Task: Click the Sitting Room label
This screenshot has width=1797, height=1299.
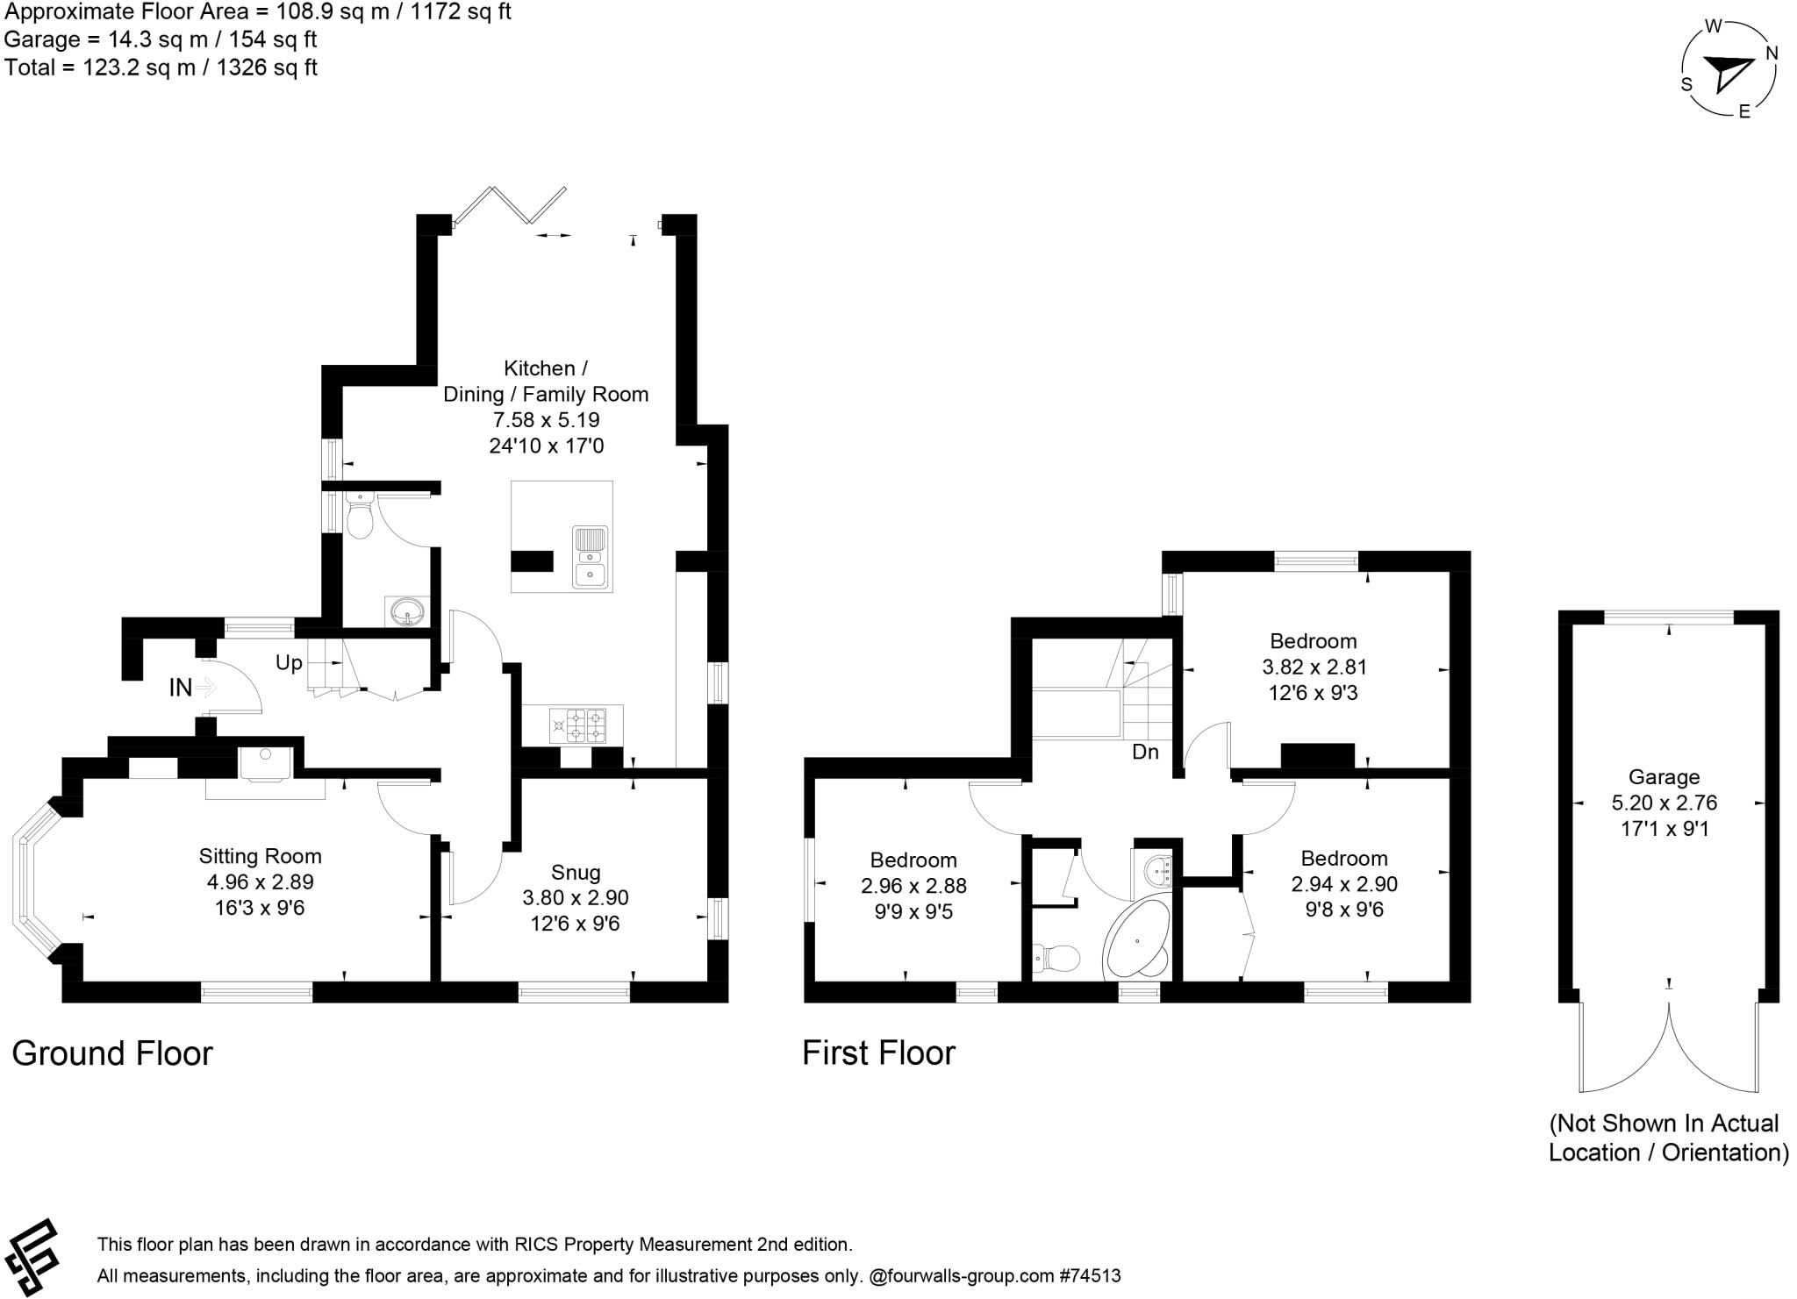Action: pos(260,856)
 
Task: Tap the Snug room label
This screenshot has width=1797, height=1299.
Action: pos(576,872)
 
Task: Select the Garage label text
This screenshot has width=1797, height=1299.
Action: pos(1665,777)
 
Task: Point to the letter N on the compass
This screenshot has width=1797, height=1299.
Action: pos(1772,54)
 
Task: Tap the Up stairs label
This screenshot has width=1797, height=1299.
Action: pos(289,663)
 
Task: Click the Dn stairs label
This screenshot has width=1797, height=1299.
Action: pos(1145,752)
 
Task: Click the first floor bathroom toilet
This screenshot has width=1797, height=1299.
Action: pos(1056,959)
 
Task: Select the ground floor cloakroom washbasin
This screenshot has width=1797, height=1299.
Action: pos(406,611)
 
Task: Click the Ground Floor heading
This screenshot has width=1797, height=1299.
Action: pos(112,1053)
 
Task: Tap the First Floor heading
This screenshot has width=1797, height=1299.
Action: pos(878,1053)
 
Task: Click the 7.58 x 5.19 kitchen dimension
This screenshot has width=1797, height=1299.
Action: pos(546,420)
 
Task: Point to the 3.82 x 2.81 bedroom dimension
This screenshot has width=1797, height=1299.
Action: pos(1314,667)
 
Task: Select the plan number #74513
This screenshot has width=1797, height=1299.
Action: pos(1090,1276)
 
